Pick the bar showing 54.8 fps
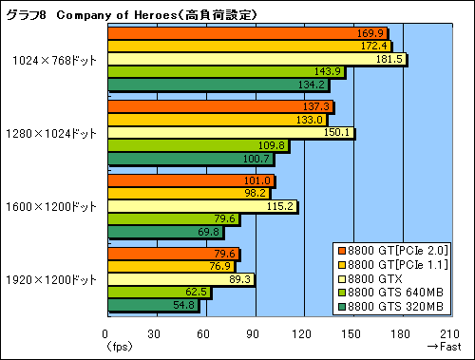click(152, 305)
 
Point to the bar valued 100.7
click(190, 158)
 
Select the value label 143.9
click(330, 72)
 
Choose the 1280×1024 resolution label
click(55, 133)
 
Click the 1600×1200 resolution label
click(55, 206)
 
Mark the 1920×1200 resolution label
click(55, 279)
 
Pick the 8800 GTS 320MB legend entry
click(398, 306)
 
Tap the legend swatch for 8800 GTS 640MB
click(345, 293)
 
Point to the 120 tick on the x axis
click(303, 333)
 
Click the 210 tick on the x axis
click(450, 333)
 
